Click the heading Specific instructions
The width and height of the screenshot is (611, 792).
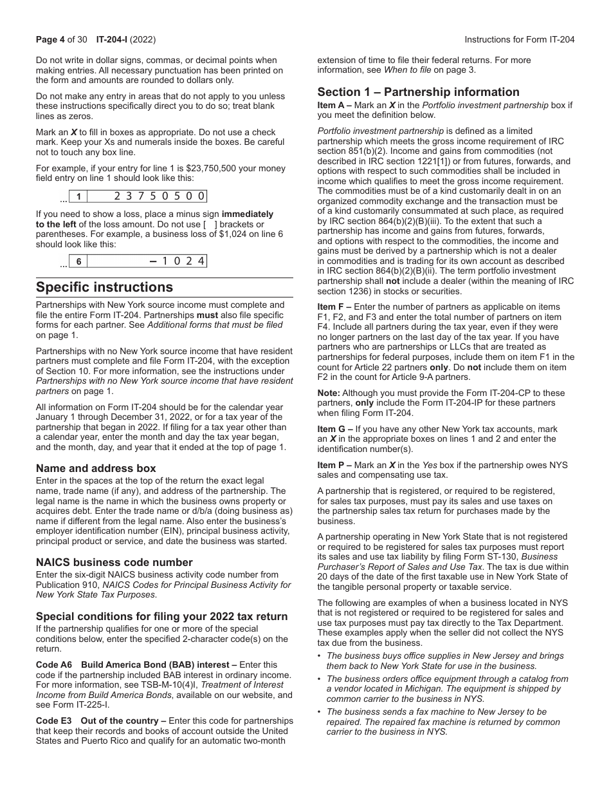click(104, 287)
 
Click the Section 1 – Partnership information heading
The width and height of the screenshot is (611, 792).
click(418, 92)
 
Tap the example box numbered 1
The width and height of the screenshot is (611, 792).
click(78, 197)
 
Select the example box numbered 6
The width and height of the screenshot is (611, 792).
click(78, 261)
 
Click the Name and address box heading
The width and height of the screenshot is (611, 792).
click(96, 468)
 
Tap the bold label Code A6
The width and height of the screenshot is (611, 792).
click(50, 665)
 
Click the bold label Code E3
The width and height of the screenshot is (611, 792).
click(50, 721)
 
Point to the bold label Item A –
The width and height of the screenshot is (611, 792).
click(334, 105)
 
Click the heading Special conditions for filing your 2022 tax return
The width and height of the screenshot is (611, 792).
click(161, 616)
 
